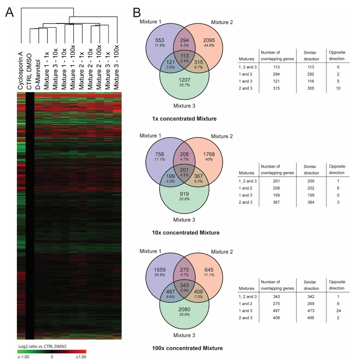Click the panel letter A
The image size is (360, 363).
9,12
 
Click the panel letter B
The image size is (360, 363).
137,12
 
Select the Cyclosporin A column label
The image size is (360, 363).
20,71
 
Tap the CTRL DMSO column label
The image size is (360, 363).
29,71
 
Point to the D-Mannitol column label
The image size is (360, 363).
38,74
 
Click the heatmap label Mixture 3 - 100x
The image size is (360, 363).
116,67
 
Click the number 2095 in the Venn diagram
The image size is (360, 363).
209,40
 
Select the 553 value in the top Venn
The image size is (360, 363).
160,40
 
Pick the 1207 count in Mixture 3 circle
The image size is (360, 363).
184,80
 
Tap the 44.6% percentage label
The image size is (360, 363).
209,45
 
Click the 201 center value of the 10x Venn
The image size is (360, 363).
184,170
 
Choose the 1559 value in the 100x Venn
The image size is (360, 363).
160,270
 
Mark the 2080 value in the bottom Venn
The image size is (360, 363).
184,309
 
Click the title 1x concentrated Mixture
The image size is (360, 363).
184,119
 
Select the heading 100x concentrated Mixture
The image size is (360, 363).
187,348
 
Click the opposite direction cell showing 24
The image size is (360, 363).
339,311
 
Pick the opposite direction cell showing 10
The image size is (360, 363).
338,88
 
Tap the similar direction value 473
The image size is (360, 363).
311,311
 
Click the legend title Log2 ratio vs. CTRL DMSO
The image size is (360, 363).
42,346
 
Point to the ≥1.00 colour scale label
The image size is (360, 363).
81,357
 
